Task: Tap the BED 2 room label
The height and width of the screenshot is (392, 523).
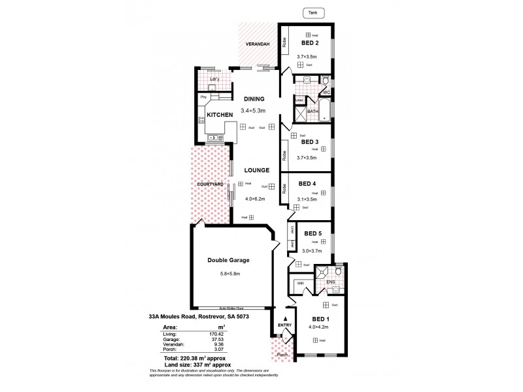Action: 309,43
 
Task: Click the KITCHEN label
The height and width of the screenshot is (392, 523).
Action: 220,115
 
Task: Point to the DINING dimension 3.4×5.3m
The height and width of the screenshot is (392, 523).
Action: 254,110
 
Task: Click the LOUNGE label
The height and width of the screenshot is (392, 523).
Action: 257,170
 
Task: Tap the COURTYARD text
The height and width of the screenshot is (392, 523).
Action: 211,184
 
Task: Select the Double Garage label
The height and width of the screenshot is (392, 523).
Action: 229,259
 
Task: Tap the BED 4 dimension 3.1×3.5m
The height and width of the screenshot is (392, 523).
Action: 307,199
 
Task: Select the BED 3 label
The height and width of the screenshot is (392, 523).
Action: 309,141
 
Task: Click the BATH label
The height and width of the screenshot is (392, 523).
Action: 312,112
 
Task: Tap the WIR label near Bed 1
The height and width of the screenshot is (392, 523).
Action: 300,284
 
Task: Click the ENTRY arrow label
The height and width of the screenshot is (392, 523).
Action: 284,325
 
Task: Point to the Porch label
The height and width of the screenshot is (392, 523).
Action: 282,356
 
